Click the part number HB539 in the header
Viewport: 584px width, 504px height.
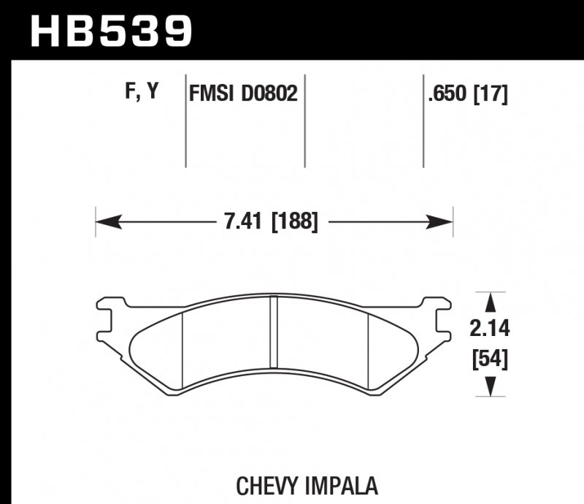(111, 30)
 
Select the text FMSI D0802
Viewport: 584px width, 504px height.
(243, 94)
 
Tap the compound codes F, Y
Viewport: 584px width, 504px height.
(142, 92)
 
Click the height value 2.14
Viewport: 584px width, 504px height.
(490, 329)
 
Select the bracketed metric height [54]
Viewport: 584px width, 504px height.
(490, 359)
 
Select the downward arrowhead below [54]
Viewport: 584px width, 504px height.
(491, 386)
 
